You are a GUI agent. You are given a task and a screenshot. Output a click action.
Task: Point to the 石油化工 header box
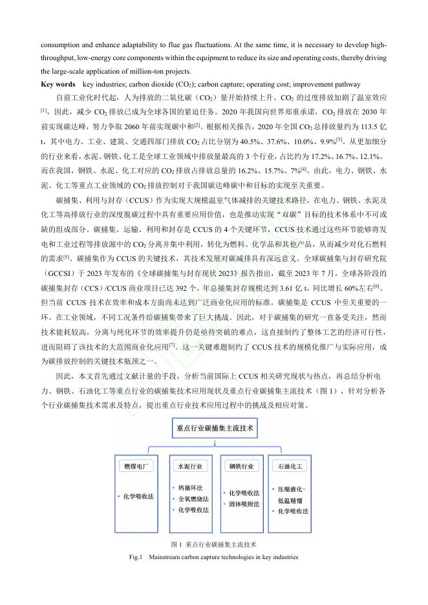pos(290,465)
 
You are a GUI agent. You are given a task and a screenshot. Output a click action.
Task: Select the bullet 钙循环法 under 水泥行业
pos(190,488)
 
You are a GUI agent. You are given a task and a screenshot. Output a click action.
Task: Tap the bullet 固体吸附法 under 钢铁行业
pos(244,504)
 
